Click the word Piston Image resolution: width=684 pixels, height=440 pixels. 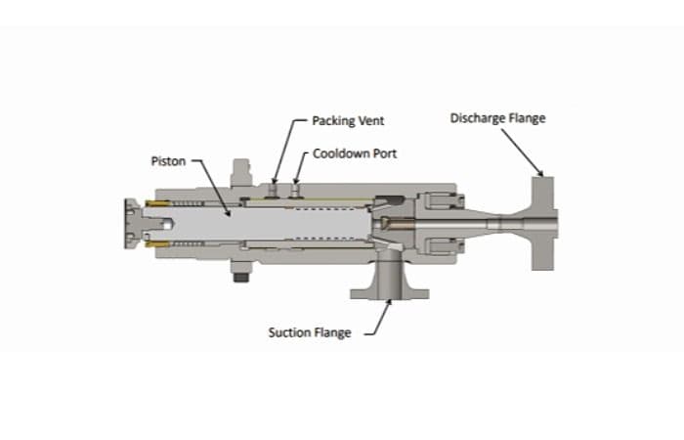(168, 161)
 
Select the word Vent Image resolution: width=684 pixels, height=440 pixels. (371, 120)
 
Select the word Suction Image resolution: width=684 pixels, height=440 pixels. (289, 332)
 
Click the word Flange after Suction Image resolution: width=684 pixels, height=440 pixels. (333, 333)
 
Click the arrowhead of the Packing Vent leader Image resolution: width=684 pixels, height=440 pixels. (275, 181)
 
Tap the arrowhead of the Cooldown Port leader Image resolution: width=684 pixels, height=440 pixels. (296, 181)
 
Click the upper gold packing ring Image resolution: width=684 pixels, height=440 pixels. (158, 203)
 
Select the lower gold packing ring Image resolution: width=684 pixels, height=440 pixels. (158, 243)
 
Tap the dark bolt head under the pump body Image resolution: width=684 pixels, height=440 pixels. (240, 277)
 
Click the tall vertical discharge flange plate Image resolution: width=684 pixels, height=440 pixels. (542, 223)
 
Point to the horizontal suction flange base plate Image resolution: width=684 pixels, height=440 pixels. (390, 294)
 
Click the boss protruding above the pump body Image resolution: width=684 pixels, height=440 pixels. (241, 173)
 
